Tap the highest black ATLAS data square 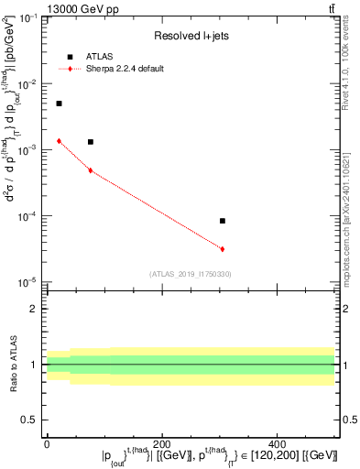[59, 104]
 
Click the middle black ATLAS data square [90, 142]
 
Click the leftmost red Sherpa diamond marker [59, 141]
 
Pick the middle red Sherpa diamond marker [90, 170]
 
